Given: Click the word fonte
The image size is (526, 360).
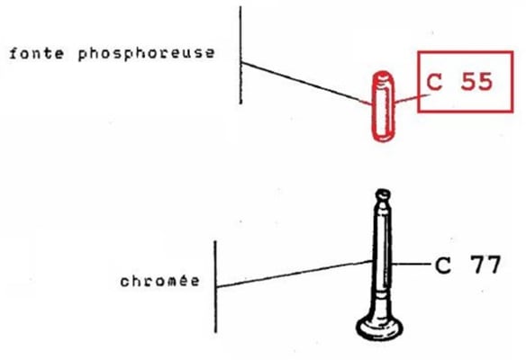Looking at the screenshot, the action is [x=37, y=54].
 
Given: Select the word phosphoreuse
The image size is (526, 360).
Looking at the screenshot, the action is [x=146, y=54].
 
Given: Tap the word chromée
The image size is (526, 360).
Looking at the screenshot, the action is [x=159, y=281].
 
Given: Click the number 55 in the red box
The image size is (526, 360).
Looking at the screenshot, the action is [x=476, y=82].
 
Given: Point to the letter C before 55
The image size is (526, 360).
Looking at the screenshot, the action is [x=434, y=82].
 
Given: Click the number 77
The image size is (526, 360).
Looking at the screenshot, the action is [x=485, y=265].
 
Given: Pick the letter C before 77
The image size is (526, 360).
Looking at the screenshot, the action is [x=443, y=265].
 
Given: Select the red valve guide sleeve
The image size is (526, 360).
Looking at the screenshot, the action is [x=384, y=106].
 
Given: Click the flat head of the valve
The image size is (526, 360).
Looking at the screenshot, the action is [x=379, y=328].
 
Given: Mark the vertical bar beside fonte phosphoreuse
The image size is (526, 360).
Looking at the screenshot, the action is [x=240, y=55].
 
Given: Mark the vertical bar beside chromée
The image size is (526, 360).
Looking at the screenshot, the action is [x=215, y=286].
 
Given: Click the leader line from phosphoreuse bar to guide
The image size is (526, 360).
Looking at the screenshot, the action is [x=306, y=84].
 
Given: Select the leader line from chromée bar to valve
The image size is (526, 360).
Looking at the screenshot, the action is [x=295, y=274].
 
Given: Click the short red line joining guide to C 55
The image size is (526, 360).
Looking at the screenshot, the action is [x=413, y=98].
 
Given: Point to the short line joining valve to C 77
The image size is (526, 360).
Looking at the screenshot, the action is [x=411, y=265].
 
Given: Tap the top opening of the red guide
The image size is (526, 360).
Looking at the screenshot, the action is [x=384, y=76].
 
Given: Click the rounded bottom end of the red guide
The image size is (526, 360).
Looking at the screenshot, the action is [x=384, y=137].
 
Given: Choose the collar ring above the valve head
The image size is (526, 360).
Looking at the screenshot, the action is [x=382, y=295].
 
